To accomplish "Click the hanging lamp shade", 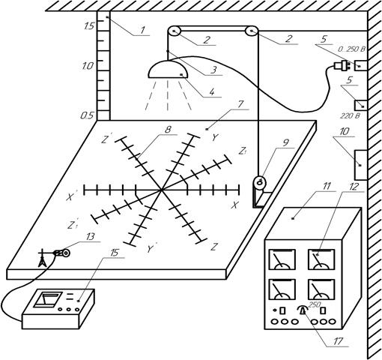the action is point(168,70).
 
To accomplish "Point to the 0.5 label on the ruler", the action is point(86,115).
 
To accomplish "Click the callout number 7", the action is point(240,104).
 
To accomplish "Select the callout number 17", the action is point(339,341).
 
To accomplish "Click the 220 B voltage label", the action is point(350,115).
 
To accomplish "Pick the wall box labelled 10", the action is point(360,165).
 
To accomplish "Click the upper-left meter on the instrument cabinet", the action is point(282,259).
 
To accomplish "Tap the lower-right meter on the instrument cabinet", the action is point(321,289).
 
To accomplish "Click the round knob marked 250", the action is point(303,310).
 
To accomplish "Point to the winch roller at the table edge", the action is point(259,182).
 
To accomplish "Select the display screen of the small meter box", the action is point(48,299).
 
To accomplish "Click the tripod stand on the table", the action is point(43,257).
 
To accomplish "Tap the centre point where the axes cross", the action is point(162,190).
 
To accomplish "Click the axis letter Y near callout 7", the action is point(215,137).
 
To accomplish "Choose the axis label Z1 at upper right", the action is point(242,151).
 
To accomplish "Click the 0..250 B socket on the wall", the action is point(361,65).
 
